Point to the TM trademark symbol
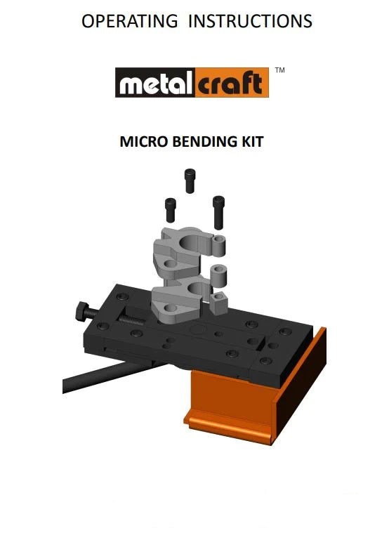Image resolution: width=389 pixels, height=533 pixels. coord(280,71)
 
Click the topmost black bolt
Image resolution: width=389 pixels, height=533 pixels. coord(190,180)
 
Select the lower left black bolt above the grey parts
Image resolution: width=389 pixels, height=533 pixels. coord(171,209)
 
